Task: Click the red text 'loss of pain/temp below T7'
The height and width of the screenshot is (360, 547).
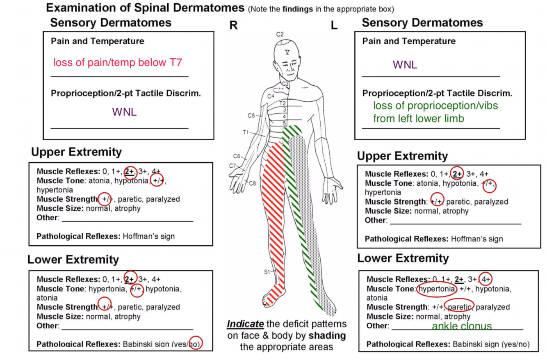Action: (x=117, y=63)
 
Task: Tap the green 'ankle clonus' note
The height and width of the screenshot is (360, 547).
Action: (x=462, y=326)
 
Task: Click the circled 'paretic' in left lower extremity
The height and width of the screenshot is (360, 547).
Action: (x=460, y=307)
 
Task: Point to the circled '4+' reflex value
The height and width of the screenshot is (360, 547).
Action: (x=485, y=279)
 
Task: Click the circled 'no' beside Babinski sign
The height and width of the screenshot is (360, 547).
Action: (x=196, y=344)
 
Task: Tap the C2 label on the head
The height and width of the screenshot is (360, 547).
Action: (x=280, y=34)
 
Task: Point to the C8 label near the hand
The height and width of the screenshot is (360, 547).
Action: (x=253, y=183)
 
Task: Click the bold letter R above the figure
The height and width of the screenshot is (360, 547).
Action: (x=233, y=25)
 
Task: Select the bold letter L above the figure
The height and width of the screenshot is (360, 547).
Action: (x=334, y=25)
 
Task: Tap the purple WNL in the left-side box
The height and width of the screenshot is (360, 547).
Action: (x=405, y=65)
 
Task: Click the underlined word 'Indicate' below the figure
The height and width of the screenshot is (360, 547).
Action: (x=245, y=324)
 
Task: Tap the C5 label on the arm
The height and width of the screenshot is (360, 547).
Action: (x=252, y=116)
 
